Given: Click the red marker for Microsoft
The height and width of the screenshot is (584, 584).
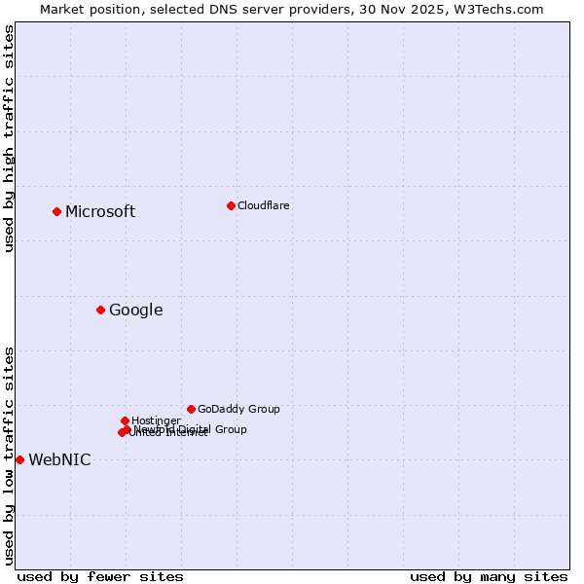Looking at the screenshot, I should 57,211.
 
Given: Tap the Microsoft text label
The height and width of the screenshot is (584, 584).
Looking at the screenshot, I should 100,212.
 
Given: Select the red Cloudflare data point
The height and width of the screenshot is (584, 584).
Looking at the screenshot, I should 231,205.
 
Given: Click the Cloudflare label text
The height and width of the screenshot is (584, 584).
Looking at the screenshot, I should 263,206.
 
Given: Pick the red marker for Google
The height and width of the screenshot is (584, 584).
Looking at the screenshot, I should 100,310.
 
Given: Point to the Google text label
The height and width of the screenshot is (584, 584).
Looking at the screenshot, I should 135,310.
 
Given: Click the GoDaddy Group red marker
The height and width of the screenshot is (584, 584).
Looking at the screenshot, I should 191,409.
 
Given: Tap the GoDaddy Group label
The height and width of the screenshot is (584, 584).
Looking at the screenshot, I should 238,410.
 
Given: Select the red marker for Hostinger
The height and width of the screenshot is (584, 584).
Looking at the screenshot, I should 125,420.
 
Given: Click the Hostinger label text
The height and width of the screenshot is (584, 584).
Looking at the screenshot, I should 156,420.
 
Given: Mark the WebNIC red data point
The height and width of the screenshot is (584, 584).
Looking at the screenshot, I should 19,459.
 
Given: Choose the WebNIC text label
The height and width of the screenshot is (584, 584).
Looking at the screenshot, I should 59,460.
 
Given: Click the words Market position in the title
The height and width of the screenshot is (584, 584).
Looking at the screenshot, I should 86,10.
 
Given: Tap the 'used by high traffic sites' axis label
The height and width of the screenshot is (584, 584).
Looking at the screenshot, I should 10,138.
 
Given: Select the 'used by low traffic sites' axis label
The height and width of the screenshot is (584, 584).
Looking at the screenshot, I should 10,456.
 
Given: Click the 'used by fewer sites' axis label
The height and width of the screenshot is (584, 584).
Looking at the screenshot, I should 100,577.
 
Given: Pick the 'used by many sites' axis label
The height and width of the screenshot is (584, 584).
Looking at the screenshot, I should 489,577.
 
